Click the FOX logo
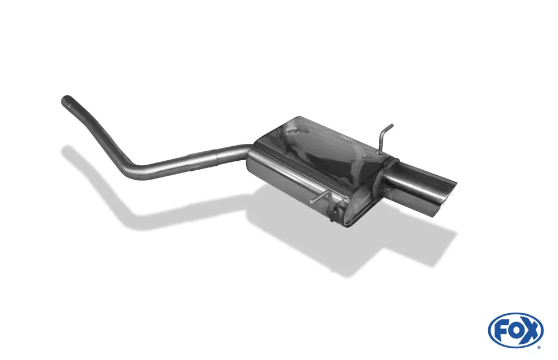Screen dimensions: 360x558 515,330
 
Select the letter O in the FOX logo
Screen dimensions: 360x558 515,330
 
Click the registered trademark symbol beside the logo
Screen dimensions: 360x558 538,346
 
